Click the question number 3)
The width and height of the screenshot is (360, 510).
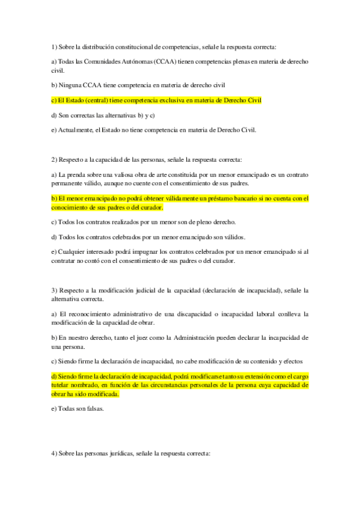tap(55, 290)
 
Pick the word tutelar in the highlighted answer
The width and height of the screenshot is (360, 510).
tap(61, 385)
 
